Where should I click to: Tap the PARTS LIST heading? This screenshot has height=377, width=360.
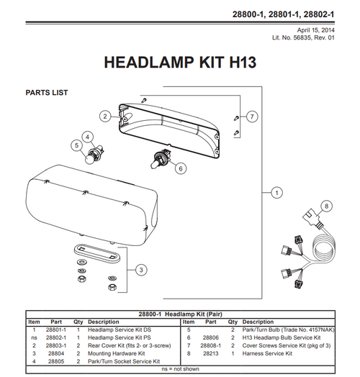pyautogui.click(x=47, y=93)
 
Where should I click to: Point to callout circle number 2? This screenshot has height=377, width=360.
pyautogui.click(x=104, y=116)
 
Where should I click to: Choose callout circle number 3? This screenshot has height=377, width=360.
pyautogui.click(x=141, y=270)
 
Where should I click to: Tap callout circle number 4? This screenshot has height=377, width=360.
pyautogui.click(x=87, y=136)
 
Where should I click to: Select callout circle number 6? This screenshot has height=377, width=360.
pyautogui.click(x=181, y=168)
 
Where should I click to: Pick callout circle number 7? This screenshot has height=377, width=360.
pyautogui.click(x=253, y=116)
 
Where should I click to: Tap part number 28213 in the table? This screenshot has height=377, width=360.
pyautogui.click(x=211, y=353)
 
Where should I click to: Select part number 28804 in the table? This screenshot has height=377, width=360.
pyautogui.click(x=56, y=353)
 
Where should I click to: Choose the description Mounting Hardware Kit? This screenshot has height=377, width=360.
pyautogui.click(x=116, y=353)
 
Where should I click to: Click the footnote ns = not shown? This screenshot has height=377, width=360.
pyautogui.click(x=179, y=368)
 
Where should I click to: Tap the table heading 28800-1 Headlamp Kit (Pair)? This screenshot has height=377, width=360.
pyautogui.click(x=179, y=314)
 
